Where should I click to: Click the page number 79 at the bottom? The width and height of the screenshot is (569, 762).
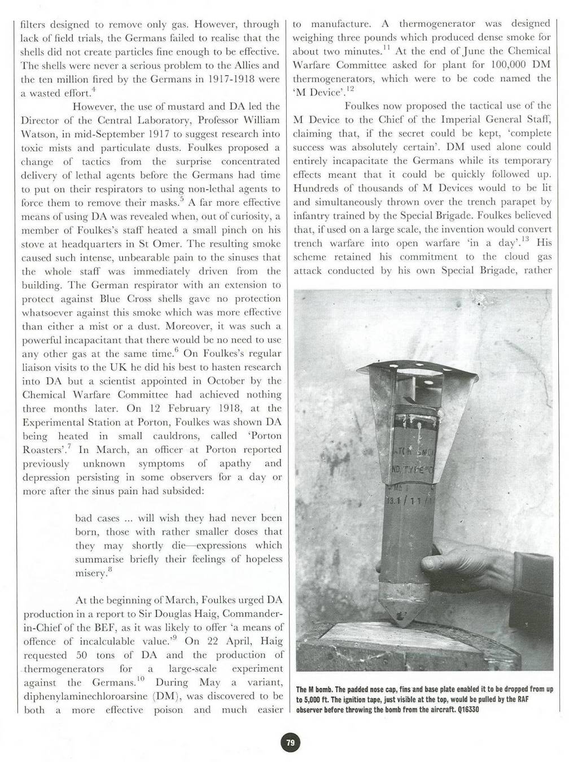tap(290, 742)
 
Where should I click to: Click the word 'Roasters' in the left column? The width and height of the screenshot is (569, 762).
tap(41, 450)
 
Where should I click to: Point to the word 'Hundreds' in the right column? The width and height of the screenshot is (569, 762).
tap(313, 188)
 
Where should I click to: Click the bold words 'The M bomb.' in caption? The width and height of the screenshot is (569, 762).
tap(316, 690)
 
